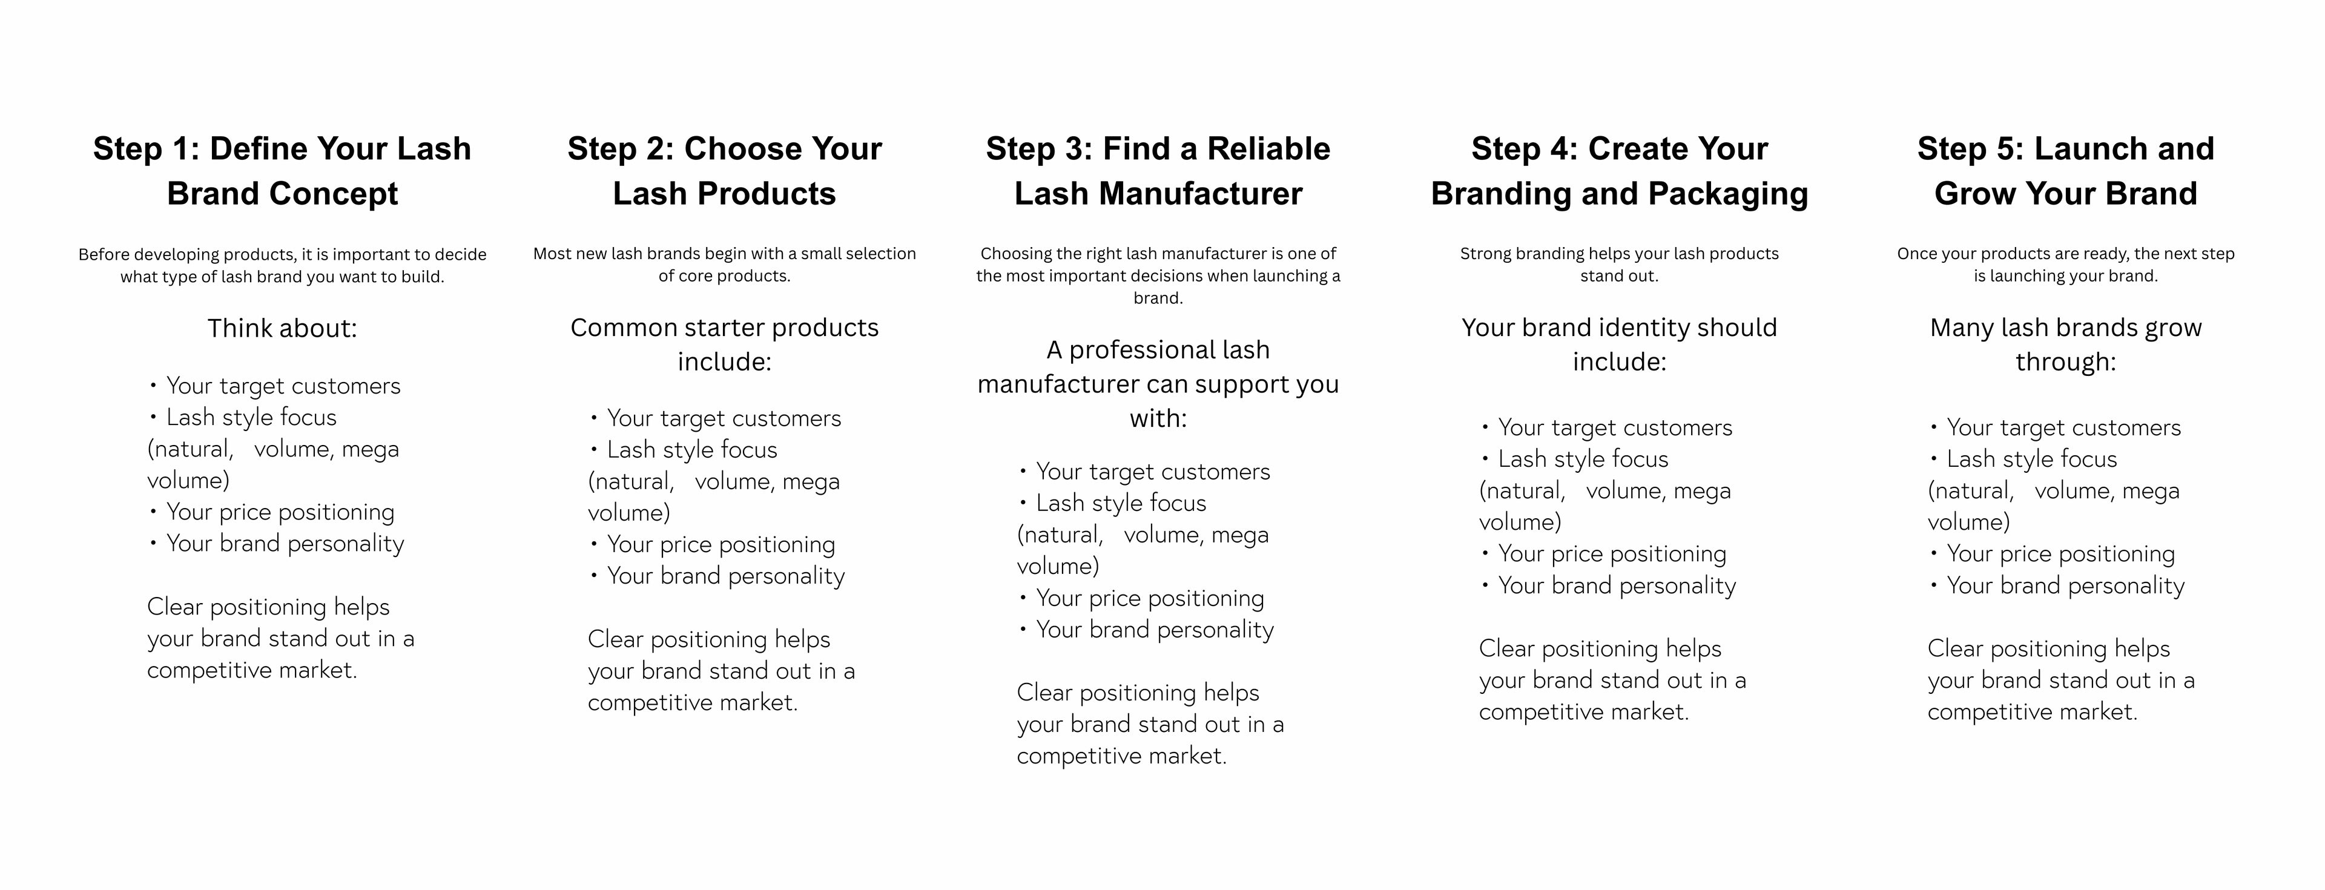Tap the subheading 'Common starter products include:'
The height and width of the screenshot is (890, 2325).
click(725, 344)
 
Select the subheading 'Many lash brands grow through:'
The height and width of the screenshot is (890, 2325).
click(2066, 344)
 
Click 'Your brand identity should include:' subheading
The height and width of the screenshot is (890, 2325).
click(1619, 344)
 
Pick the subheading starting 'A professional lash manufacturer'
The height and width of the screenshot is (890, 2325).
click(1158, 384)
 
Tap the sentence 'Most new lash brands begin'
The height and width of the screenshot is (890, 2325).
click(725, 265)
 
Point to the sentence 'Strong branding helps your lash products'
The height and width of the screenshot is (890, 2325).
click(1619, 265)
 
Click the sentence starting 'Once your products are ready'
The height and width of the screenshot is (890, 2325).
click(2066, 265)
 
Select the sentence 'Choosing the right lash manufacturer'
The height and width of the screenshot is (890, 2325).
click(1158, 275)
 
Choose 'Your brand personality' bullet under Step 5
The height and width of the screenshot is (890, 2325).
click(2057, 585)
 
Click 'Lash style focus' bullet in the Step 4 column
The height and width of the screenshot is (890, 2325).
click(1574, 458)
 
